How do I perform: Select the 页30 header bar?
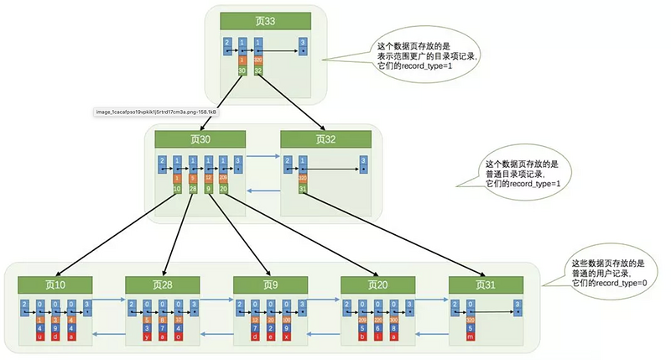200,139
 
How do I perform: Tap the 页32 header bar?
324,139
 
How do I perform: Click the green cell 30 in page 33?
242,71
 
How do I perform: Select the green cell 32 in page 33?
257,71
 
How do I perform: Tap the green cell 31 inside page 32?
301,189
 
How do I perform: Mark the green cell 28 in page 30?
193,189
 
